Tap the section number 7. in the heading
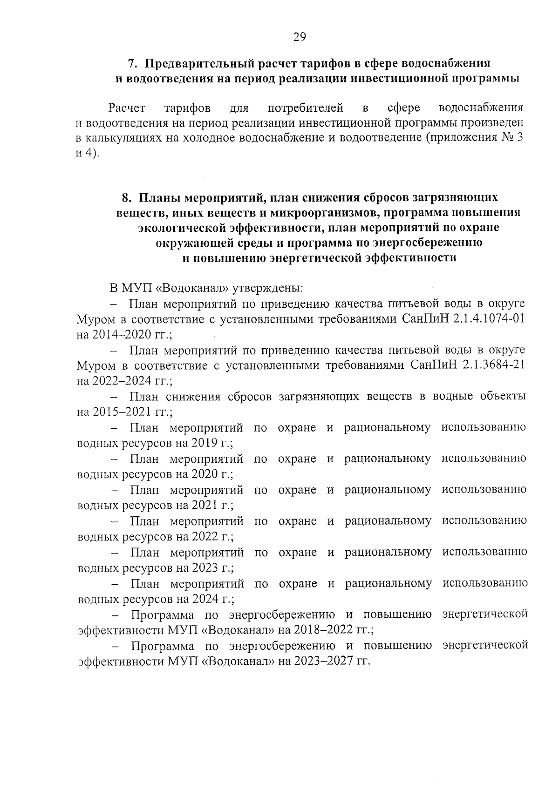pos(132,63)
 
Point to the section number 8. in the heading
pos(127,197)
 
